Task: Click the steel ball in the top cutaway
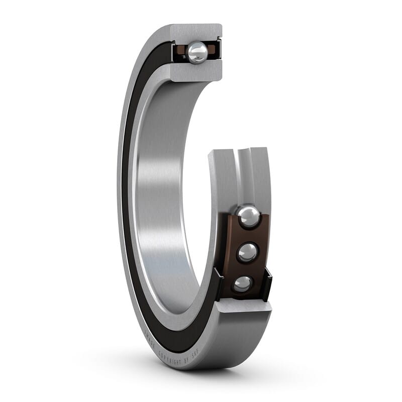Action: tap(197, 52)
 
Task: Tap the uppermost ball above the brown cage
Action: tap(248, 217)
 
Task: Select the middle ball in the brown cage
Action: tap(247, 252)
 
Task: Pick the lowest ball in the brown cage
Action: tap(243, 284)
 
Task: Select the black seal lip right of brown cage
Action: tap(267, 284)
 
